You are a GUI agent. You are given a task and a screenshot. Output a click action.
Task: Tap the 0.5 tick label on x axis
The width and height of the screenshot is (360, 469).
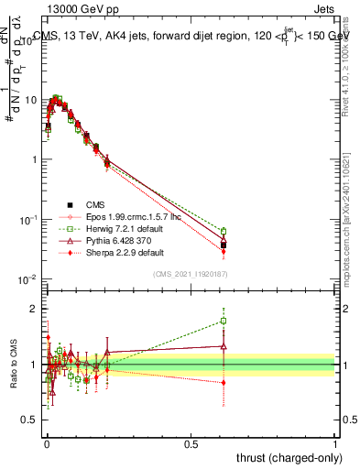pos(191,442)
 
